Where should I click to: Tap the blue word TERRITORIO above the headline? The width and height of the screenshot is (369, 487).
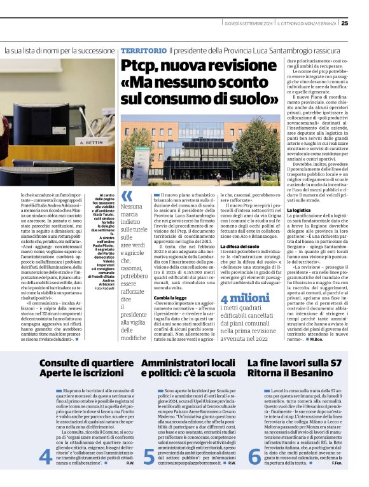click(144, 50)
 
